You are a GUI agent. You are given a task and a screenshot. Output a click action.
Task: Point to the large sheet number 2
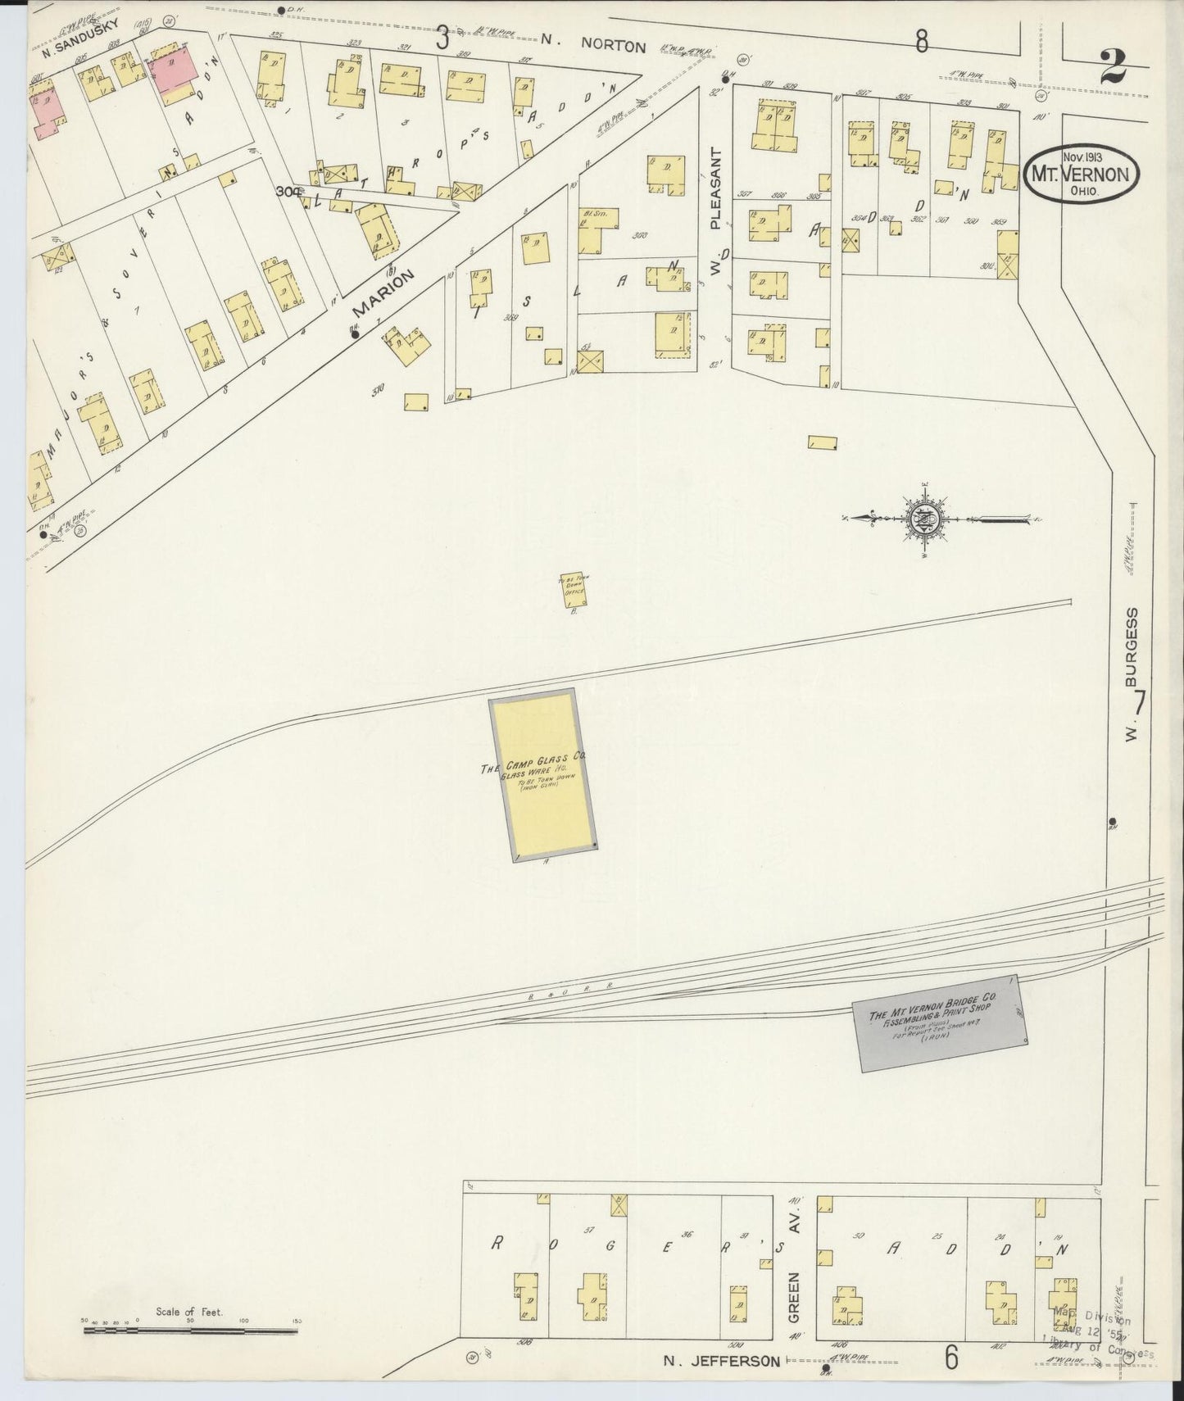tap(1112, 68)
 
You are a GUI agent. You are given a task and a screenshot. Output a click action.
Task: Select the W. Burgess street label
tap(1132, 676)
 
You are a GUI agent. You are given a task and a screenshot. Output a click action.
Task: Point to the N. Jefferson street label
tap(721, 1361)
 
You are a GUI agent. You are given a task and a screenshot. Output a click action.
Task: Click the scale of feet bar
tap(190, 1331)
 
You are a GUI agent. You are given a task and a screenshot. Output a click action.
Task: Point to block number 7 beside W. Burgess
tap(1139, 702)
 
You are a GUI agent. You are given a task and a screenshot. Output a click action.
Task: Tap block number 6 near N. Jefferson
tap(950, 1357)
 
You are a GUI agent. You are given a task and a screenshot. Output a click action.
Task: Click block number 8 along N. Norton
tap(923, 41)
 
